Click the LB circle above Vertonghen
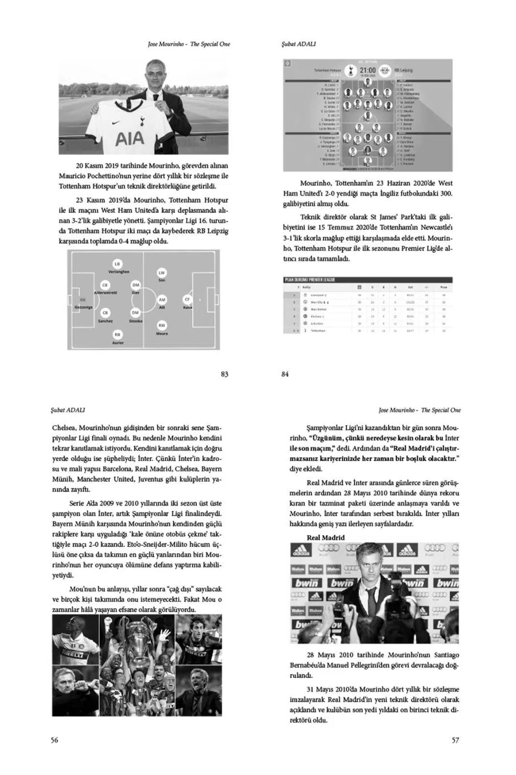(117, 263)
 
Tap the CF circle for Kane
(187, 299)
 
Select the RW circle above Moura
(162, 325)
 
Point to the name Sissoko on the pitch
(136, 321)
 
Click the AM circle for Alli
(162, 300)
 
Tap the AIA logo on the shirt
(129, 139)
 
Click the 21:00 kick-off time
(367, 70)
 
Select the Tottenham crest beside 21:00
(348, 71)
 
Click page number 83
(224, 374)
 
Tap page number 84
(285, 374)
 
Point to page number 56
(55, 740)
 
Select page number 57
(455, 740)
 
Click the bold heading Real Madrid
(326, 538)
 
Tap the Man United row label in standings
(318, 309)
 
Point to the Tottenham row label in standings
(319, 330)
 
